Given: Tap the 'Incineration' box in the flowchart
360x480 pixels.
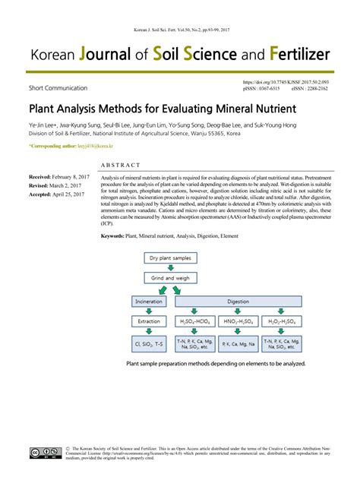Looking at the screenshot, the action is (x=148, y=302).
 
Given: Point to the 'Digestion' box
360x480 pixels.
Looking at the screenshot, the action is (x=238, y=302).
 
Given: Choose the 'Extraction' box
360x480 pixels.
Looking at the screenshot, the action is (x=148, y=321).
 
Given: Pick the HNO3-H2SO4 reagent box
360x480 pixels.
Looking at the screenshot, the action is (x=238, y=321).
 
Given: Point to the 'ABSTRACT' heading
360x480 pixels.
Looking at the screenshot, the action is (x=120, y=165).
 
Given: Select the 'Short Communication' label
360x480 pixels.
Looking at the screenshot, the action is (x=57, y=89).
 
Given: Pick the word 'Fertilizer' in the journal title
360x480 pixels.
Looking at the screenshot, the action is (x=289, y=56).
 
